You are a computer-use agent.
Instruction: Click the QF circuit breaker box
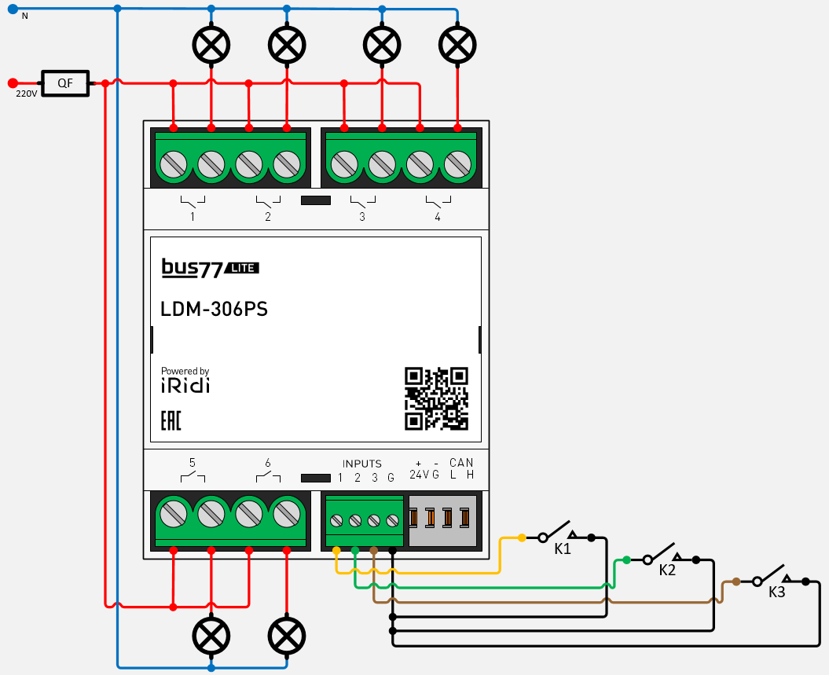point(65,83)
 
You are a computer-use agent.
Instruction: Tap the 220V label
point(27,94)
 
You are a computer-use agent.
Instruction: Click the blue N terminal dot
point(13,9)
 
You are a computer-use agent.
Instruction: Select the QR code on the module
point(436,399)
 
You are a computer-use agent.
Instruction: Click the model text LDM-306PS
point(214,310)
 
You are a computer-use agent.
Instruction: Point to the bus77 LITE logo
point(210,268)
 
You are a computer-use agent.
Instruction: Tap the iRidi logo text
point(185,386)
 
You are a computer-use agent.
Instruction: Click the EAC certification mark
point(171,420)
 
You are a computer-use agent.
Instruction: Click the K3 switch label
point(776,592)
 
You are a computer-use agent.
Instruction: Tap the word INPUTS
point(361,464)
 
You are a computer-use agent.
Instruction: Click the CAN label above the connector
point(461,463)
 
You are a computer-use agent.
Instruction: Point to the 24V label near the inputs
point(418,475)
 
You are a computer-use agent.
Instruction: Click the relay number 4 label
point(438,217)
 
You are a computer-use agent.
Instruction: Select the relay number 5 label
point(193,463)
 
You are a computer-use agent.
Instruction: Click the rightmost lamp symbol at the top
point(457,45)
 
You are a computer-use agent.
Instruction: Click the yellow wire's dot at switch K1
point(522,538)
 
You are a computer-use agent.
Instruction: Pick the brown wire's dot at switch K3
point(735,581)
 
